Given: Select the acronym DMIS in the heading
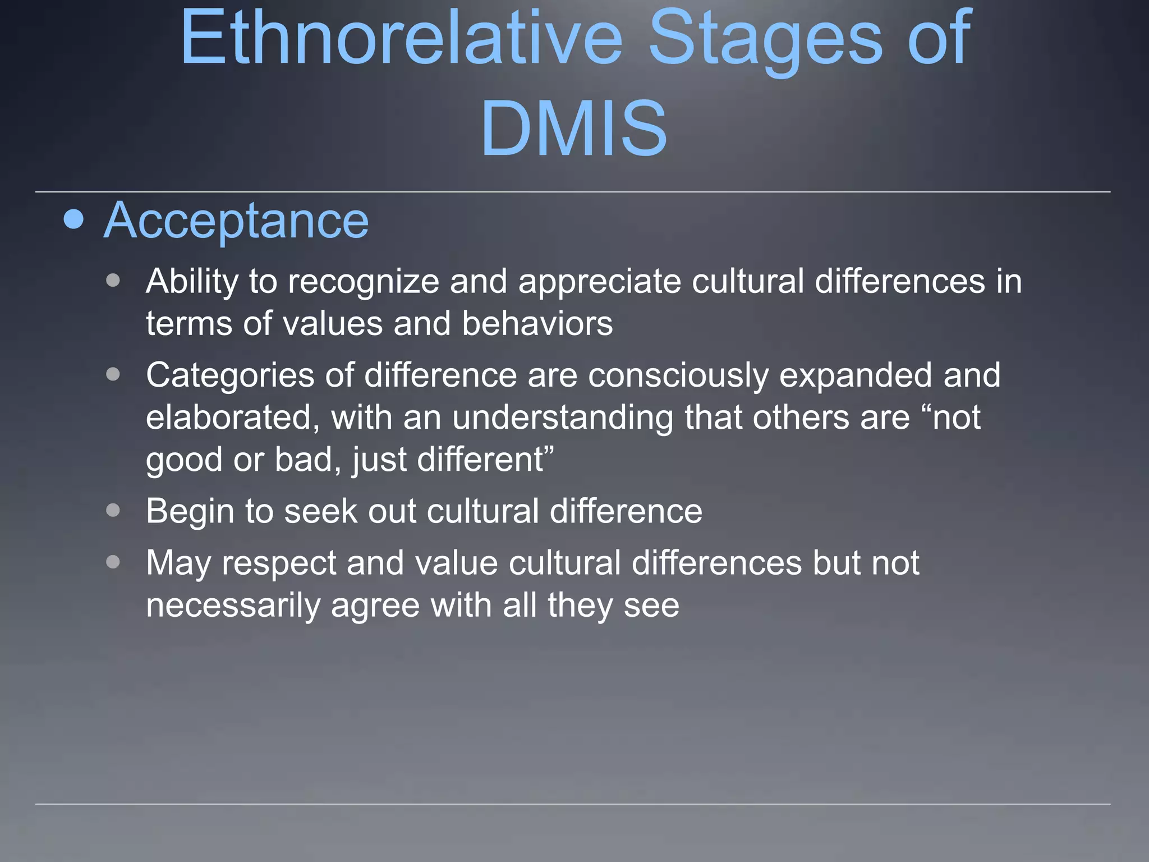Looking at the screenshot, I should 573,128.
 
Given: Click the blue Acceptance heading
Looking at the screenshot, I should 236,221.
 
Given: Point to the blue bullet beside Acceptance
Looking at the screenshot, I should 73,219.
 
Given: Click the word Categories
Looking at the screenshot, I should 230,375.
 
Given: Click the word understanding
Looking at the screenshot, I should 563,418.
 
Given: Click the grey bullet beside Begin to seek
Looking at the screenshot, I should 113,510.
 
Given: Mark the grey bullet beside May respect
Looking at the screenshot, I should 113,562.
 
